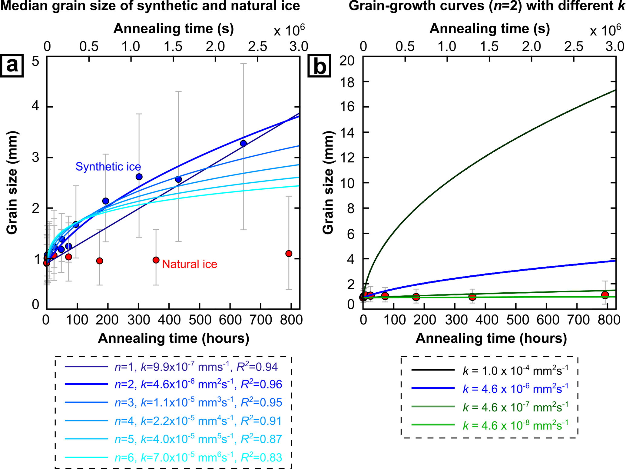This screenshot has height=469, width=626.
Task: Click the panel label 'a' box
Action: point(12,65)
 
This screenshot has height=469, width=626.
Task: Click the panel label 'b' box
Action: point(320,65)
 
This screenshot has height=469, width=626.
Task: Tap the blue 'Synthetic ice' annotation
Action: point(108,167)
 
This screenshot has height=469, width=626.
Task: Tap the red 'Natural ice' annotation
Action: point(190,264)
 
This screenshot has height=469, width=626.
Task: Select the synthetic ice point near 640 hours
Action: point(243,143)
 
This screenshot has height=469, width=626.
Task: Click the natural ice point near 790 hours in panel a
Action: point(289,254)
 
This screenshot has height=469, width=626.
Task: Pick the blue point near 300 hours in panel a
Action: point(139,177)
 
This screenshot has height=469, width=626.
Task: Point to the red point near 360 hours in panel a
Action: point(156,260)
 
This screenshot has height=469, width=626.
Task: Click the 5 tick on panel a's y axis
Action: point(36,62)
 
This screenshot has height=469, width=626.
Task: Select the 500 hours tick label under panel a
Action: point(200,320)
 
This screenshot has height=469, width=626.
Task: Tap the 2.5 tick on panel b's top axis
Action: point(573,46)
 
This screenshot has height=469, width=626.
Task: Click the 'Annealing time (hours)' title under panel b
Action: point(491,338)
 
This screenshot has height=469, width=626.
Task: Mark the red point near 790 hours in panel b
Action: point(605,295)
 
